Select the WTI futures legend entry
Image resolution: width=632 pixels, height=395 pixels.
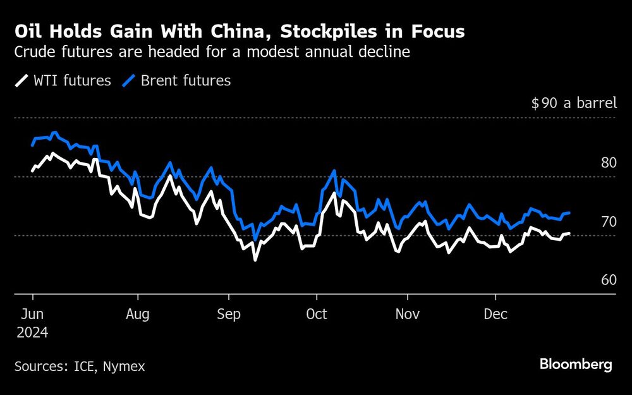click(x=63, y=80)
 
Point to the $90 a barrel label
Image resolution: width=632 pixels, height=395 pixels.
click(x=573, y=103)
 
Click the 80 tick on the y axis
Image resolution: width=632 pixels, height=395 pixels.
click(x=608, y=162)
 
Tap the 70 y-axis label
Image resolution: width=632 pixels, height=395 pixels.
click(x=608, y=221)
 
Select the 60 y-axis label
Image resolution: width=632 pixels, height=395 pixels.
click(x=608, y=280)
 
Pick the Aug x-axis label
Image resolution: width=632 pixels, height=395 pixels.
click(x=137, y=314)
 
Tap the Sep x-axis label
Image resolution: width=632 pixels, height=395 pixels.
click(x=228, y=314)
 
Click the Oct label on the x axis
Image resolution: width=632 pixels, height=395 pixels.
click(x=316, y=314)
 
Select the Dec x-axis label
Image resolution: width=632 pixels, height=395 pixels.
click(x=495, y=314)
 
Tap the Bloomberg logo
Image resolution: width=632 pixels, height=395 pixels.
click(x=576, y=364)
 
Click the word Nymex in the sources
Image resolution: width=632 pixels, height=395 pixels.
click(x=125, y=366)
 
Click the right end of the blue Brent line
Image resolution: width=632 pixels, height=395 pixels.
click(x=570, y=213)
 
